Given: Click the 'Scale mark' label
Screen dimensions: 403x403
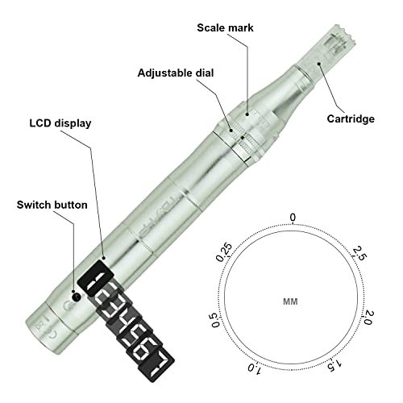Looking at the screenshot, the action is pyautogui.click(x=225, y=28).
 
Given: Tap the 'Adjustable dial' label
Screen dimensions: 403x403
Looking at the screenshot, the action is pyautogui.click(x=176, y=73).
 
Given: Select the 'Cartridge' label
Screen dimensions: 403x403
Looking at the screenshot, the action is pyautogui.click(x=351, y=118).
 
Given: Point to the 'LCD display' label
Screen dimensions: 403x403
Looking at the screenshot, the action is pyautogui.click(x=60, y=123).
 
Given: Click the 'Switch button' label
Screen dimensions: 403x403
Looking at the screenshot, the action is pyautogui.click(x=52, y=205).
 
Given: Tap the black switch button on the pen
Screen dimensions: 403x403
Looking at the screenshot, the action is pyautogui.click(x=77, y=297).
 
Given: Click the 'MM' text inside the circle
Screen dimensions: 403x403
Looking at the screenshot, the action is pyautogui.click(x=290, y=301).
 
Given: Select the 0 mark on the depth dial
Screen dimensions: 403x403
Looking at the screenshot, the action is pyautogui.click(x=293, y=217).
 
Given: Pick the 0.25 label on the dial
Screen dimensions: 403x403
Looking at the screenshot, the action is pyautogui.click(x=224, y=252).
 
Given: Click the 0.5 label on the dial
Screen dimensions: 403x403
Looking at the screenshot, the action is pyautogui.click(x=215, y=320).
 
